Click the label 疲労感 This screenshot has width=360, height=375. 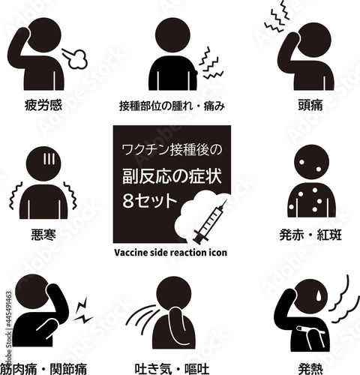43,105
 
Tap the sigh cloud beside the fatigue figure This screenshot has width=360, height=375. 78,59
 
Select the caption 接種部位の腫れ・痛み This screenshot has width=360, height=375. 172,106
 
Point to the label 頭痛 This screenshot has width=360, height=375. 310,105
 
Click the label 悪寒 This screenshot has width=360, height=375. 43,235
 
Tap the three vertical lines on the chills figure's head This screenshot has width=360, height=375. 49,158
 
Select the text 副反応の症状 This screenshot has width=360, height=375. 172,176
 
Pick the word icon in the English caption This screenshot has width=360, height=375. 218,253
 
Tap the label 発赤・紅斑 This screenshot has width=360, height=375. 310,235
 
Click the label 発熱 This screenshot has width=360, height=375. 310,369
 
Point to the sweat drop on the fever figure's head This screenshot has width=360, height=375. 319,295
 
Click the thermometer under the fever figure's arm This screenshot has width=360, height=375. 310,330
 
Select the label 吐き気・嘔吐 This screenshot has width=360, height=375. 172,369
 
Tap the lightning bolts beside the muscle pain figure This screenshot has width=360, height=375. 83,310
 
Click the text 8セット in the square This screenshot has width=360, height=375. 149,201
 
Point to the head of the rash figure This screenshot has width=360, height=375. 311,162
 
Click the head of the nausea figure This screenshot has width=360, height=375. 174,293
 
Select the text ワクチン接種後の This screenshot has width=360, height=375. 172,150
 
